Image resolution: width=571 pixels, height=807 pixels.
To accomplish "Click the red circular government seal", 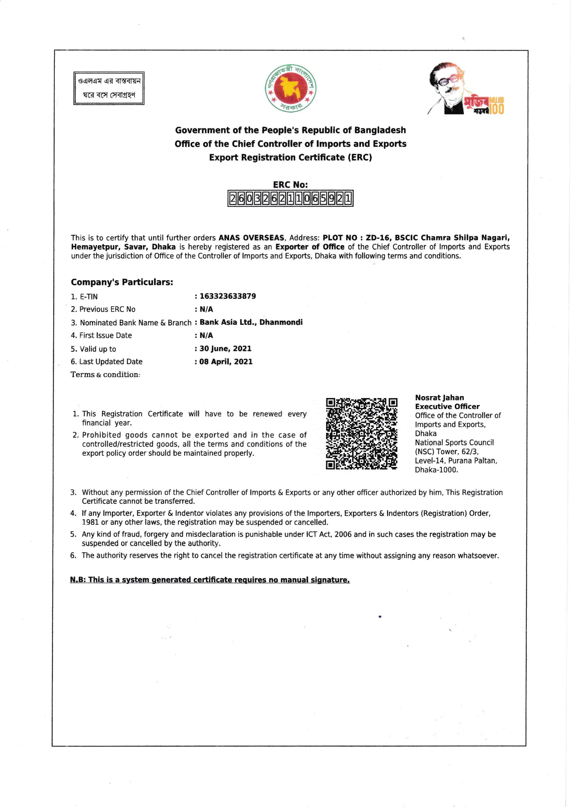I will pyautogui.click(x=290, y=88).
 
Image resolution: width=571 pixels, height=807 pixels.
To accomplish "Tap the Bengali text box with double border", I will pyautogui.click(x=109, y=88).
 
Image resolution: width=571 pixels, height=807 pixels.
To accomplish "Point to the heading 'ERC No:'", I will pyautogui.click(x=290, y=184).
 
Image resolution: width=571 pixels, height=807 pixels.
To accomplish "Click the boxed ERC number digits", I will pyautogui.click(x=290, y=199).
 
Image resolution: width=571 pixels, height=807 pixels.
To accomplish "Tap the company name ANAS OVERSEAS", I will pyautogui.click(x=251, y=238).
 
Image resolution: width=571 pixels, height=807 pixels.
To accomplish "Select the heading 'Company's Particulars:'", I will pyautogui.click(x=122, y=282).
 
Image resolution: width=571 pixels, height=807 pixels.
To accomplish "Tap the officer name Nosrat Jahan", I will pyautogui.click(x=440, y=398).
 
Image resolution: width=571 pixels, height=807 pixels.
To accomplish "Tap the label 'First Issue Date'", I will pyautogui.click(x=105, y=335).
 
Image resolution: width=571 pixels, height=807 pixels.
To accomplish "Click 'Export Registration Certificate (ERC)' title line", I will pyautogui.click(x=290, y=157).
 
